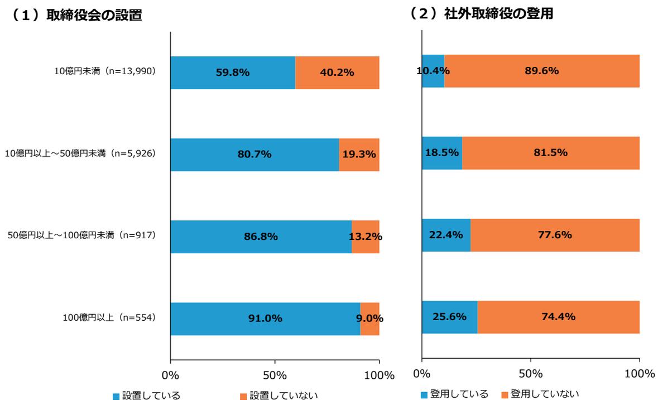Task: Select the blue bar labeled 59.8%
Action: click(x=233, y=73)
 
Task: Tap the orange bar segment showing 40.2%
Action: click(x=337, y=73)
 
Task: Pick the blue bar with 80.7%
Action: click(x=254, y=155)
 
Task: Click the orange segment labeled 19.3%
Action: click(x=359, y=155)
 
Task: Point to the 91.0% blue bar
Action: click(x=265, y=319)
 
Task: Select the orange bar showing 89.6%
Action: click(x=542, y=71)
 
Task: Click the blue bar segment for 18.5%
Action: click(x=442, y=153)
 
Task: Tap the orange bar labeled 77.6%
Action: click(x=555, y=235)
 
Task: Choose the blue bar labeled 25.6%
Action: click(x=449, y=317)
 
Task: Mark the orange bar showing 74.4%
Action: click(x=558, y=317)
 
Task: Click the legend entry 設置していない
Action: click(x=278, y=396)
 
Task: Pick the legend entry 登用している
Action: click(x=455, y=394)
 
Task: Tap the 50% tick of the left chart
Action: click(x=275, y=374)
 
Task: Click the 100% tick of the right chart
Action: click(x=639, y=373)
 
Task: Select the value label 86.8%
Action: click(x=261, y=237)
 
